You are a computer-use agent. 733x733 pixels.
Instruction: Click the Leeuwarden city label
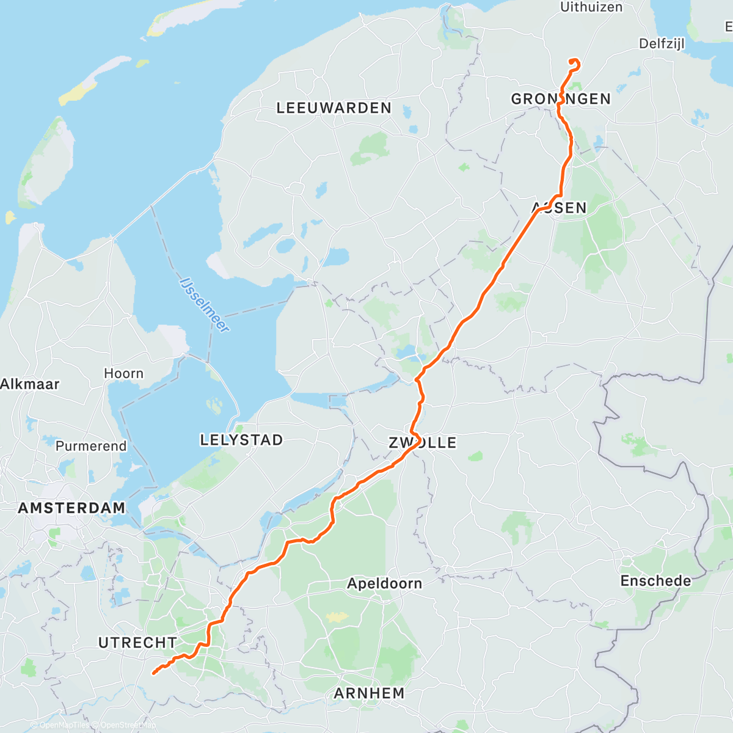pyautogui.click(x=334, y=108)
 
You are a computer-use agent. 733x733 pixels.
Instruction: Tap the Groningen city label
pyautogui.click(x=561, y=99)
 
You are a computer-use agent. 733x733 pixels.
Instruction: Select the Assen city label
pyautogui.click(x=559, y=208)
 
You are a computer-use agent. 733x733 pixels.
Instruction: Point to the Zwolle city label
pyautogui.click(x=423, y=443)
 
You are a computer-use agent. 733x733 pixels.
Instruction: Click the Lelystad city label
pyautogui.click(x=241, y=440)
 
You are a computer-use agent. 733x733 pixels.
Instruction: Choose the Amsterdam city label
pyautogui.click(x=71, y=508)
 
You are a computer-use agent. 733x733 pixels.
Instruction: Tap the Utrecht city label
pyautogui.click(x=137, y=643)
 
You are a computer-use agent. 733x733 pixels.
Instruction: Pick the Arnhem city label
pyautogui.click(x=369, y=693)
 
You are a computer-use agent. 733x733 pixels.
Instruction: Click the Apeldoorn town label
pyautogui.click(x=384, y=583)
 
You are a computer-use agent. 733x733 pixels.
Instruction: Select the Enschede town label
pyautogui.click(x=655, y=581)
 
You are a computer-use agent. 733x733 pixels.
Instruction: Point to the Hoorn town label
pyautogui.click(x=123, y=373)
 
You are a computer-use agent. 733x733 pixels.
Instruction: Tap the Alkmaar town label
pyautogui.click(x=29, y=384)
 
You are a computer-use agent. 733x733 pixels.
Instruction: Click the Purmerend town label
pyautogui.click(x=91, y=446)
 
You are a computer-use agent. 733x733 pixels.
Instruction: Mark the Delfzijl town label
pyautogui.click(x=662, y=43)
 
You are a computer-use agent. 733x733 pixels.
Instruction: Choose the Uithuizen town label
pyautogui.click(x=591, y=7)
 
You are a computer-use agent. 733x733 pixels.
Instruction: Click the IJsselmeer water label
pyautogui.click(x=205, y=305)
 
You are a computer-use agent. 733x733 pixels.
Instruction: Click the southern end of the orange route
pyautogui.click(x=153, y=673)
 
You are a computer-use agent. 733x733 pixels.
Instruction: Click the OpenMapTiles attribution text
pyautogui.click(x=64, y=725)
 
